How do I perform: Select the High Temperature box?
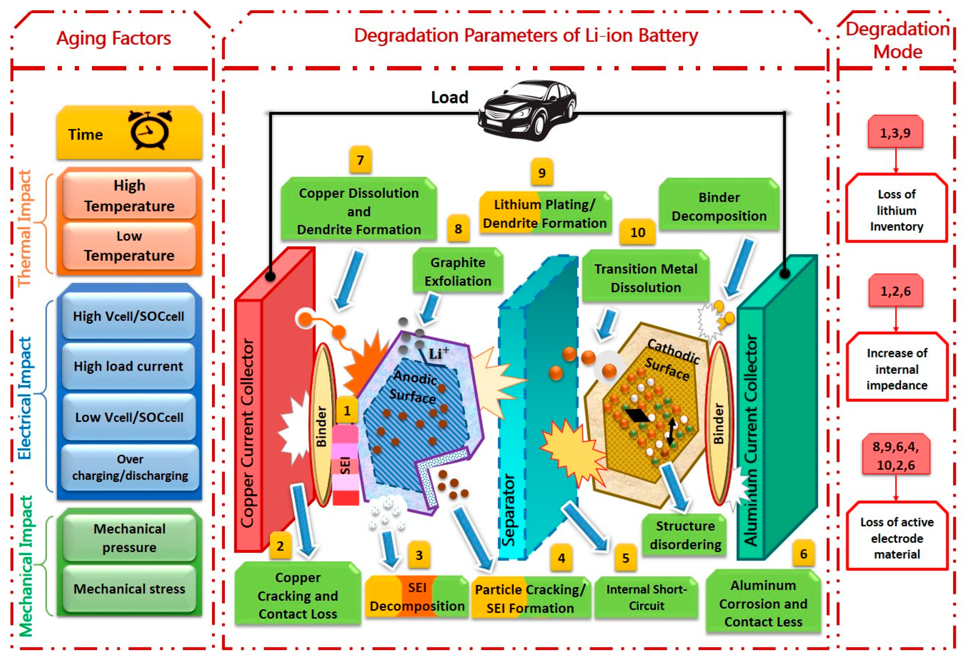tap(130, 195)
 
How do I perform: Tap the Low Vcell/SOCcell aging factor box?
tap(129, 417)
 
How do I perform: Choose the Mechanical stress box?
tap(130, 588)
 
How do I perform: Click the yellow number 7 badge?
tap(360, 160)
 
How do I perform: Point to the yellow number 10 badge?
tap(637, 232)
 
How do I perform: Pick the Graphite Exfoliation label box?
tap(458, 271)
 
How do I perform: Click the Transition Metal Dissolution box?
tap(645, 278)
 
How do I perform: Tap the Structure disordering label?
tap(685, 535)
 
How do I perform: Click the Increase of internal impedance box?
tap(897, 369)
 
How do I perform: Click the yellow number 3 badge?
tap(419, 555)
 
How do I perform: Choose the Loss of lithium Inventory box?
tap(896, 210)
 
